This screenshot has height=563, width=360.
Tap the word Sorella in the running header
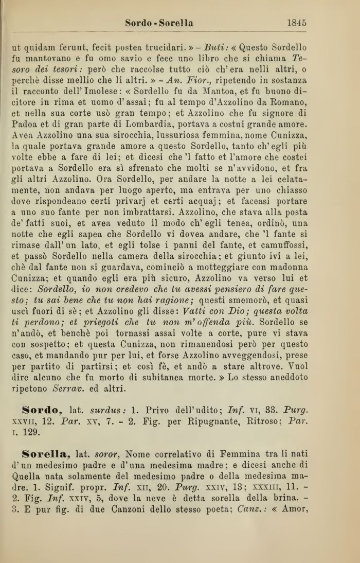click(175, 23)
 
